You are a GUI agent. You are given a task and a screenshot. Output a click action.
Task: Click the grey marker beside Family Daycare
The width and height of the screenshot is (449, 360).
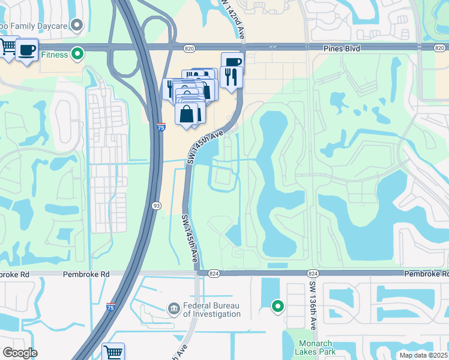(77, 25)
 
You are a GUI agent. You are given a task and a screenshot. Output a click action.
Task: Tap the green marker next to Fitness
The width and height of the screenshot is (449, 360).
(77, 55)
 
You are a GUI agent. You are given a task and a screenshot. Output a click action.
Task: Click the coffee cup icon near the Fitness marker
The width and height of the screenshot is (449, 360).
(27, 50)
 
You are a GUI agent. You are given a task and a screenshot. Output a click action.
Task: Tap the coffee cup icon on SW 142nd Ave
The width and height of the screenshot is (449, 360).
(232, 62)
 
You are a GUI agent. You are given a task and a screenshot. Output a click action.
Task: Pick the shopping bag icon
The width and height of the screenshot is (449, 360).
(187, 113)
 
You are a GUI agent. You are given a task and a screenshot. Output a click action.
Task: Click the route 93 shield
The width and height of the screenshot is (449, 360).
(157, 205)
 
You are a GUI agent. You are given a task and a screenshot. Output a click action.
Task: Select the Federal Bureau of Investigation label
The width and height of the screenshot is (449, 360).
(211, 310)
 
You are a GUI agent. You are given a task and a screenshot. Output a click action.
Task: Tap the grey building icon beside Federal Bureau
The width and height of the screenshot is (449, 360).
(174, 308)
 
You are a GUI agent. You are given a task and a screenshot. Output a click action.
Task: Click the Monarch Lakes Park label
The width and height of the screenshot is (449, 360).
(315, 347)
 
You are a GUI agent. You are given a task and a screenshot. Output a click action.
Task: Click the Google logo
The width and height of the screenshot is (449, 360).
(20, 352)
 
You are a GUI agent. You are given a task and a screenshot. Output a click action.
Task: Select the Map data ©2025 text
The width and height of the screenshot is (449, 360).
(423, 355)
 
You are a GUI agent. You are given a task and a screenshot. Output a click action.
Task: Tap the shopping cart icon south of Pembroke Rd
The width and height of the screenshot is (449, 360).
(113, 352)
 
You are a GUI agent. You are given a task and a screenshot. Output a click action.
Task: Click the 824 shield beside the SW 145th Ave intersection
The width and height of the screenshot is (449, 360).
(214, 273)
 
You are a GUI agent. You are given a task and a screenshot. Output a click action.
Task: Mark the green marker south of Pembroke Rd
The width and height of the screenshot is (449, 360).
(277, 307)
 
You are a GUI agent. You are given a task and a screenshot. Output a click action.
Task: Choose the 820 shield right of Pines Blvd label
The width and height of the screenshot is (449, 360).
(439, 46)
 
